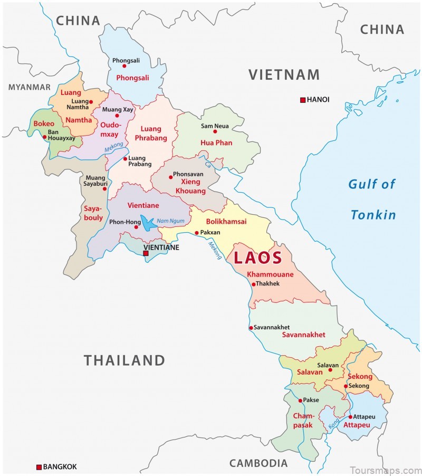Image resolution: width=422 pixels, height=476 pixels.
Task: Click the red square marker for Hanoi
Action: click(302, 100)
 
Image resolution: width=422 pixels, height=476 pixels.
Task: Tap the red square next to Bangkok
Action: click(39, 467)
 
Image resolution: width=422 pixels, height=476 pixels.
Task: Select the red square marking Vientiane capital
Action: click(146, 254)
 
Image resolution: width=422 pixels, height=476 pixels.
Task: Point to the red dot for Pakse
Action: click(300, 401)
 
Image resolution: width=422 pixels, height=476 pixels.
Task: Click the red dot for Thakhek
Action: click(253, 284)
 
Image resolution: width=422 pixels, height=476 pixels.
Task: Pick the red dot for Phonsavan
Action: click(170, 177)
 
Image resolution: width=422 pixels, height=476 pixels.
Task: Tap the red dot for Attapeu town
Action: click(350, 416)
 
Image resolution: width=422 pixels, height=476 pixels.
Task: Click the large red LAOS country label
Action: click(258, 259)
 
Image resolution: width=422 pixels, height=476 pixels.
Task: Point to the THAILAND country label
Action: click(124, 360)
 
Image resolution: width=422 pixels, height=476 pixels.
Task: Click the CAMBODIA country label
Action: click(258, 463)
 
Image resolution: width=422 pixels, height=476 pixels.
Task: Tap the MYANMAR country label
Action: click(30, 87)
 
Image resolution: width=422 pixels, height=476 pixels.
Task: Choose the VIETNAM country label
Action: click(284, 74)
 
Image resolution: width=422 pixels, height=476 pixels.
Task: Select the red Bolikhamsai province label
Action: click(226, 222)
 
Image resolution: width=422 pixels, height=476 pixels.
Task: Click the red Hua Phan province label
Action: click(216, 143)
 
